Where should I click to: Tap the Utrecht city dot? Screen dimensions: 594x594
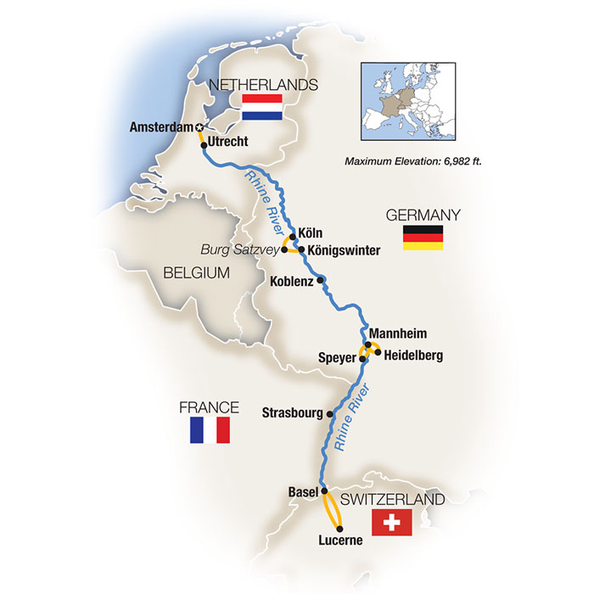tap(205, 145)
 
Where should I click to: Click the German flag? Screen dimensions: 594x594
tap(423, 238)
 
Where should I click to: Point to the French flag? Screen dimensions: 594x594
tap(210, 430)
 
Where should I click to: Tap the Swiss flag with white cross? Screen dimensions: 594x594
tap(392, 524)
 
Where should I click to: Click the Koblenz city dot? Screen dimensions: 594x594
tap(321, 280)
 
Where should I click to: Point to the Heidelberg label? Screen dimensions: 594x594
tap(413, 355)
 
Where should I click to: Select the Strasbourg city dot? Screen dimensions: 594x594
tap(330, 414)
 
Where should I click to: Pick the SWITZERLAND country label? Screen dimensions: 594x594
tap(392, 501)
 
